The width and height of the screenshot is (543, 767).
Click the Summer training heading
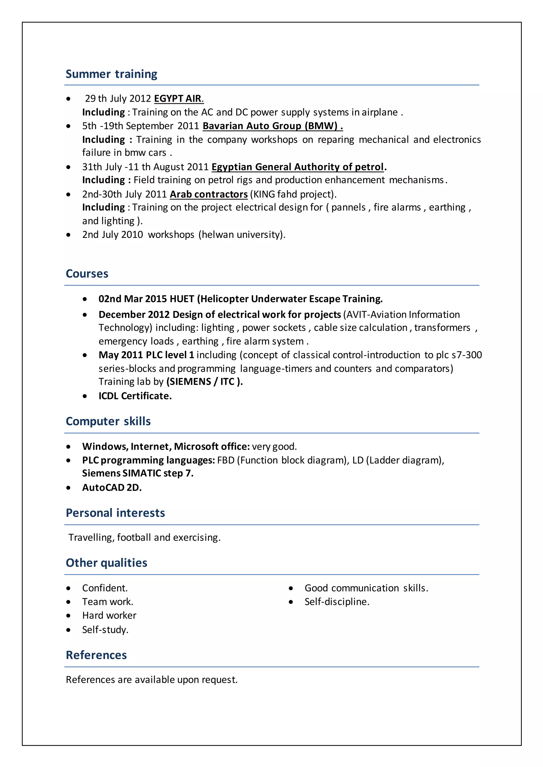tap(111, 74)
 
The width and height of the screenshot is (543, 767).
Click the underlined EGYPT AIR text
tap(178, 99)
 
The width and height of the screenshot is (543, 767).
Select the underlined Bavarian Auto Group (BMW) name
tap(273, 126)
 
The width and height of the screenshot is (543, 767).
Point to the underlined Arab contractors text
tap(209, 194)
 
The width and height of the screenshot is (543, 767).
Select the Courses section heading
tap(87, 274)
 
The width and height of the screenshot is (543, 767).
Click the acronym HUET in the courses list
tap(182, 299)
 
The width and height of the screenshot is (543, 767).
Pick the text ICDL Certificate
tap(135, 396)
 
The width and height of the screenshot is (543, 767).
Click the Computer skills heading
tap(108, 421)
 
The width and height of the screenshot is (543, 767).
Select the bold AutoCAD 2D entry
tap(112, 488)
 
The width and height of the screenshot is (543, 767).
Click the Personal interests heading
tap(115, 513)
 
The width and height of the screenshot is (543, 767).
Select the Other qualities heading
tap(106, 563)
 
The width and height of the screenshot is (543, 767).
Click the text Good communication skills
tap(366, 588)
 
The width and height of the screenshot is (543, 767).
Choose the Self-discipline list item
tap(337, 602)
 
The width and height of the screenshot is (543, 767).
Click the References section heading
tap(96, 655)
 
